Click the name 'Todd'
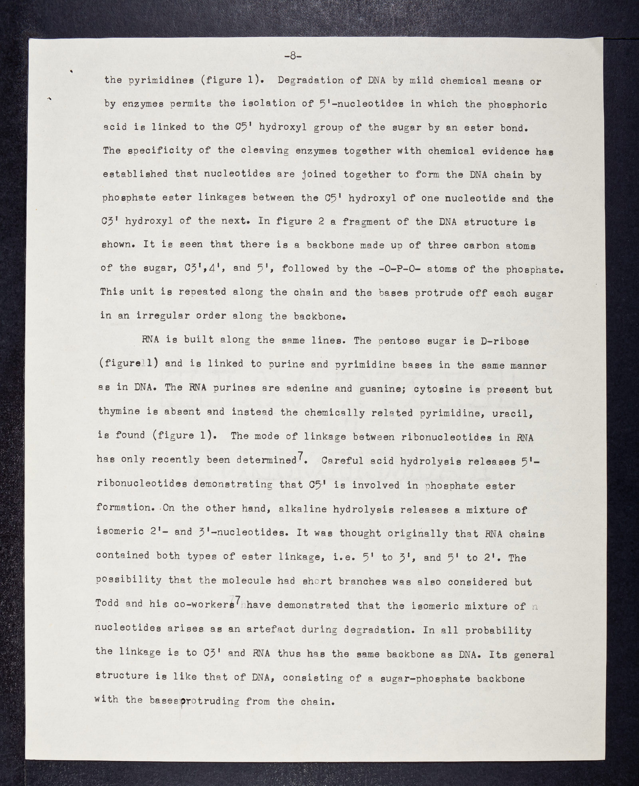pos(107,603)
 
